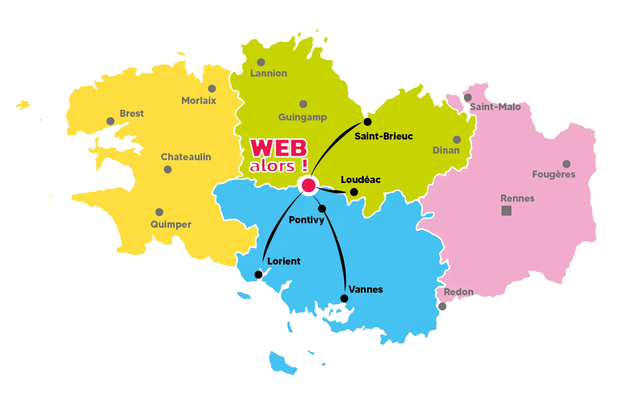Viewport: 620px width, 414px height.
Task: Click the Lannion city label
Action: pos(269,73)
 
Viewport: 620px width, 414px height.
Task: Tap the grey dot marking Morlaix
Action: pos(212,89)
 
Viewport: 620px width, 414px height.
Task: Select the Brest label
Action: pos(131,113)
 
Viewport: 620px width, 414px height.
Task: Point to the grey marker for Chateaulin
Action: pos(168,169)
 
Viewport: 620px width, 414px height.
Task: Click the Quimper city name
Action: pos(171,224)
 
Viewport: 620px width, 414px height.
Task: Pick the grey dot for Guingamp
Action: pos(303,104)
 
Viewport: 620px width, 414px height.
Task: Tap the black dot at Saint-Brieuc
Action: pos(367,122)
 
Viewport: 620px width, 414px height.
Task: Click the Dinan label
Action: pos(446,150)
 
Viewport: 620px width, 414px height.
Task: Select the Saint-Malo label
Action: pos(495,107)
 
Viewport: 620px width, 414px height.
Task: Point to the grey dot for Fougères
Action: pos(566,164)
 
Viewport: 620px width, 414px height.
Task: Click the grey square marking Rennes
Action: pos(506,211)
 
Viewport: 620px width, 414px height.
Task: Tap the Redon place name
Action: pos(458,292)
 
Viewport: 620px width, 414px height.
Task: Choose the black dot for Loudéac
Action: pos(354,192)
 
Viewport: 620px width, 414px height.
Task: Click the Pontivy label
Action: pos(306,220)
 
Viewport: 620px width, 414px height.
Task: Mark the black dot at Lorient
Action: pos(259,274)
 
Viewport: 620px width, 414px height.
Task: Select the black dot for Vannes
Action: pos(344,298)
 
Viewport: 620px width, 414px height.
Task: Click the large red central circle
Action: pos(308,185)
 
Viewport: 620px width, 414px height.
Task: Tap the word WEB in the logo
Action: pos(279,148)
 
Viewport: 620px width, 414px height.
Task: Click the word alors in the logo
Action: pos(272,166)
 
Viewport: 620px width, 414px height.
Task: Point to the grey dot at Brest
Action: pos(110,121)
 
